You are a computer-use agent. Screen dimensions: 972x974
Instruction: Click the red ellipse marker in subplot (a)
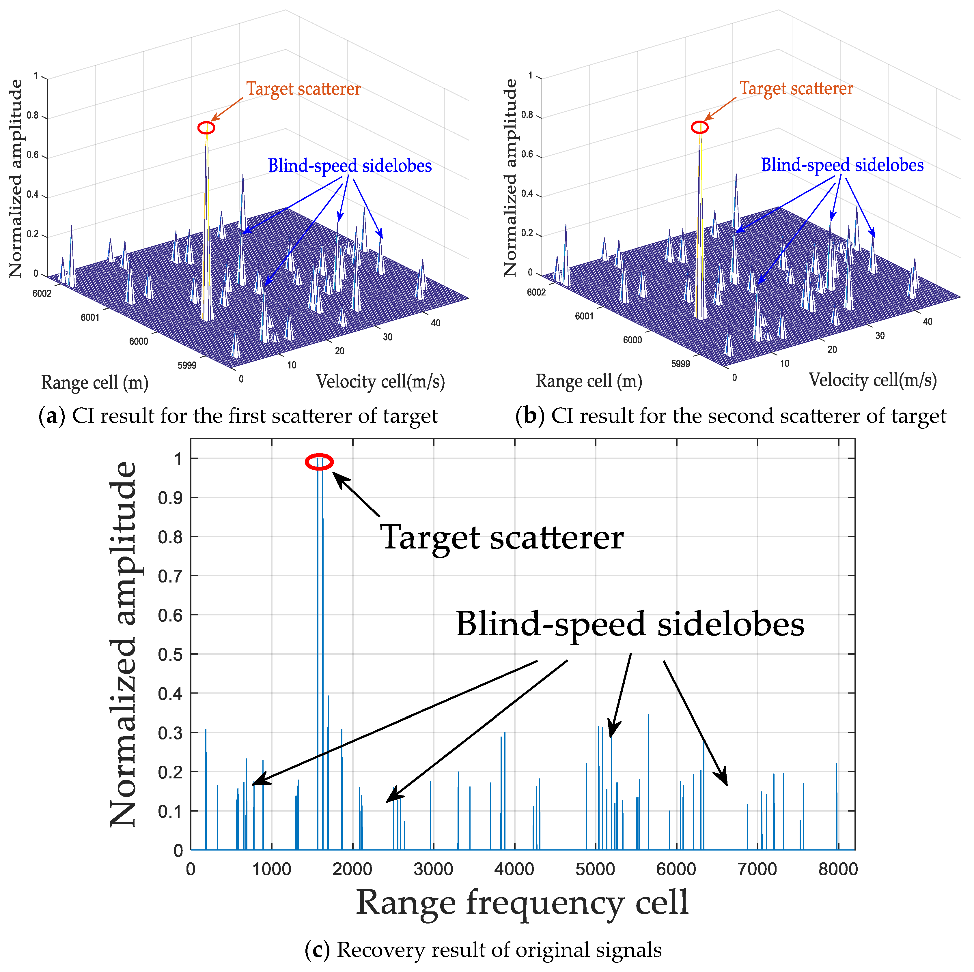(206, 128)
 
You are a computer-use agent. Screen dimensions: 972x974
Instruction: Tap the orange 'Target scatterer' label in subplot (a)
(303, 89)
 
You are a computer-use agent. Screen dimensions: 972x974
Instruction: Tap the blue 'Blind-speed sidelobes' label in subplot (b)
(842, 165)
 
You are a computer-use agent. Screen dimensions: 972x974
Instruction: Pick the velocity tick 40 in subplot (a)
(436, 323)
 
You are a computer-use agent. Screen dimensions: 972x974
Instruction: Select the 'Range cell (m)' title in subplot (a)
(95, 383)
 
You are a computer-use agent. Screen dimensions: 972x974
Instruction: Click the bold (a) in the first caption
(51, 417)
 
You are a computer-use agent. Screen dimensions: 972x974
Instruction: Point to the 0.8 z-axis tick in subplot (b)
(527, 115)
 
